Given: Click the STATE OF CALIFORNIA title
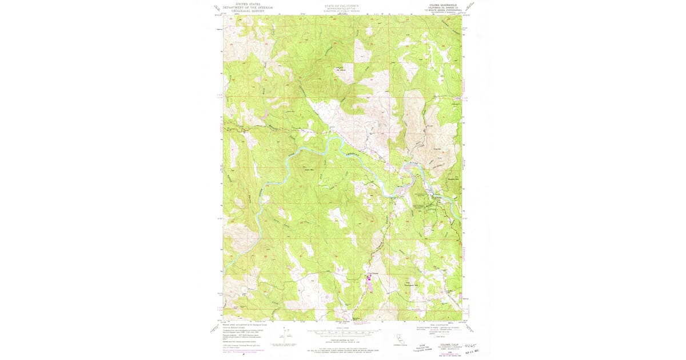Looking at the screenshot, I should (x=342, y=5).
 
